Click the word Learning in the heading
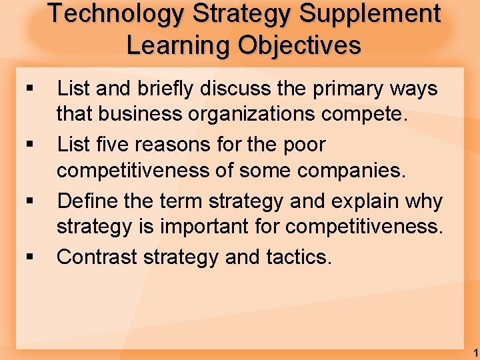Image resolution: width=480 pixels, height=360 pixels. (177, 45)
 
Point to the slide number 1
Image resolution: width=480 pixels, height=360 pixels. (474, 352)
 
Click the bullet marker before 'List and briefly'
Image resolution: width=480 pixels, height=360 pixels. (28, 89)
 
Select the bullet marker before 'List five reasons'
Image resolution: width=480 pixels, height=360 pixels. (28, 145)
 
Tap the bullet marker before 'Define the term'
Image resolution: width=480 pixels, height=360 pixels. (28, 201)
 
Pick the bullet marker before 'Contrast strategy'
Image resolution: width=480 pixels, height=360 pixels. (28, 257)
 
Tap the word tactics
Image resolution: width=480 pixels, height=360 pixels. (299, 257)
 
